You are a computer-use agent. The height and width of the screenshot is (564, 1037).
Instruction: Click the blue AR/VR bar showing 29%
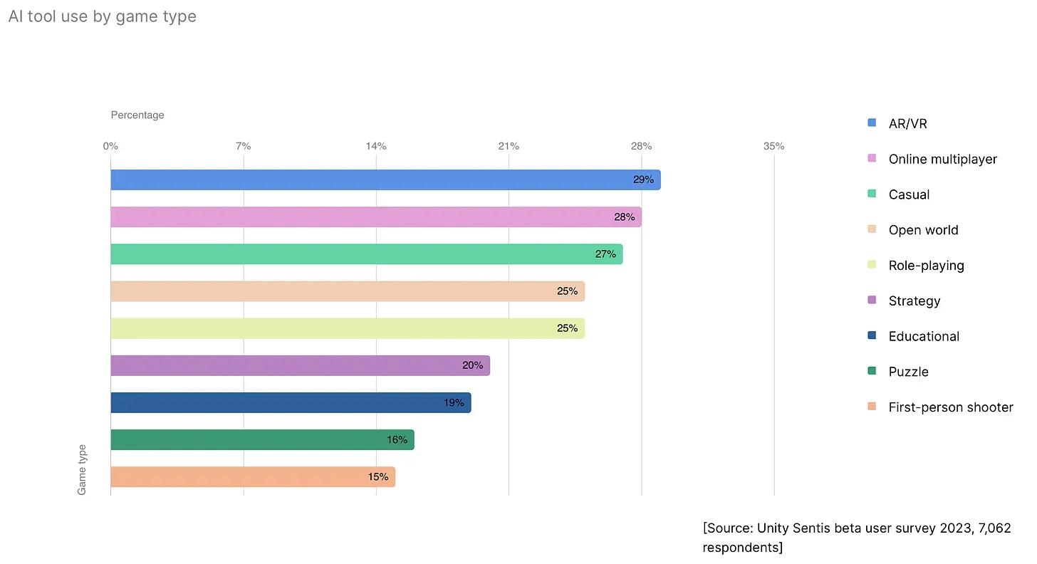[385, 180]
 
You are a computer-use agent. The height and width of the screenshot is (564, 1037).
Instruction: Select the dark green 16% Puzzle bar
[262, 440]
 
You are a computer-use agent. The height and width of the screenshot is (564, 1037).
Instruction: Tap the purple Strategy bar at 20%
[299, 366]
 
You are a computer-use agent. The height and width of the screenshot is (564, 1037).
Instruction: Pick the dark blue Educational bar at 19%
[291, 403]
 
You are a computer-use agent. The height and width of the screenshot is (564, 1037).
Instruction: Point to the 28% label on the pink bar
[624, 217]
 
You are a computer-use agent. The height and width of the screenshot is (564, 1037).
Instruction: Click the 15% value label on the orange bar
[378, 477]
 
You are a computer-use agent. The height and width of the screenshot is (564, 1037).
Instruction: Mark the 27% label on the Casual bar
[605, 254]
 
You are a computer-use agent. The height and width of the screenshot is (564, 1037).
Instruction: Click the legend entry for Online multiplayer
[942, 160]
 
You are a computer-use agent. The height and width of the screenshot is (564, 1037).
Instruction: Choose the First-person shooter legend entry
[950, 407]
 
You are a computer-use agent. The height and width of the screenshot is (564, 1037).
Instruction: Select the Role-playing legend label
[926, 266]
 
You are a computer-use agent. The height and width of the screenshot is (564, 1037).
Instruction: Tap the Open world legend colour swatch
[872, 229]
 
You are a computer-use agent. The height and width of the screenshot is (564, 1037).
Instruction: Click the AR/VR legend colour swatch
[872, 122]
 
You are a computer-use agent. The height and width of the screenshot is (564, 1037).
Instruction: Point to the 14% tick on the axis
[376, 147]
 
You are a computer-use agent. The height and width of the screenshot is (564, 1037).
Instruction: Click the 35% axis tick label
[773, 147]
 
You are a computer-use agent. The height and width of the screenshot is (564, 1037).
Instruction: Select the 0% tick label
[110, 147]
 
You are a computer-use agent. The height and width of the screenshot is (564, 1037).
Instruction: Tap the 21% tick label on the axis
[509, 147]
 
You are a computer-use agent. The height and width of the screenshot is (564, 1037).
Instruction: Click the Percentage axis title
[137, 115]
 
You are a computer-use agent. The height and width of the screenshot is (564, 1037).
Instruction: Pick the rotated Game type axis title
[82, 470]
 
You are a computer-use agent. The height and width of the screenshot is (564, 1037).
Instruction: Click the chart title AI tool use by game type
[103, 16]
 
